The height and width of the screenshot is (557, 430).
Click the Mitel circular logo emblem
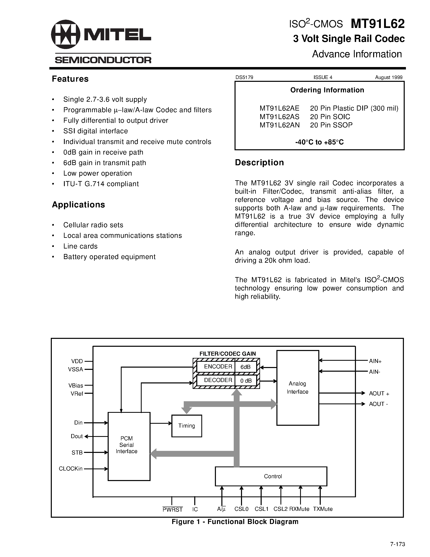pyautogui.click(x=66, y=34)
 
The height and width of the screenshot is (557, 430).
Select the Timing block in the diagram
pyautogui.click(x=187, y=426)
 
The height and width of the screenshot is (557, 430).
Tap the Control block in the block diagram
pyautogui.click(x=271, y=476)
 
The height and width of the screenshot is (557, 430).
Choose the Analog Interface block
pyautogui.click(x=297, y=388)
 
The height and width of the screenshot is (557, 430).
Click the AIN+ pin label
pyautogui.click(x=375, y=361)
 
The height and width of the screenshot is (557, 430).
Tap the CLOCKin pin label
pyautogui.click(x=71, y=469)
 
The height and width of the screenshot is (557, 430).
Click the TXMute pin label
pyautogui.click(x=323, y=509)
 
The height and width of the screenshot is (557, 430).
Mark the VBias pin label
pyautogui.click(x=76, y=386)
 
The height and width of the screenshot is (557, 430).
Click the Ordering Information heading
pyautogui.click(x=327, y=90)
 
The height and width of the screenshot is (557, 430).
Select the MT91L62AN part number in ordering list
pyautogui.click(x=279, y=125)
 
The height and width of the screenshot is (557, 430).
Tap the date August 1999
pyautogui.click(x=389, y=78)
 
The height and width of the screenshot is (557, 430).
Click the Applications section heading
pyautogui.click(x=79, y=205)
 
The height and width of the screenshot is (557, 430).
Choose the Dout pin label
pyautogui.click(x=77, y=436)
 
